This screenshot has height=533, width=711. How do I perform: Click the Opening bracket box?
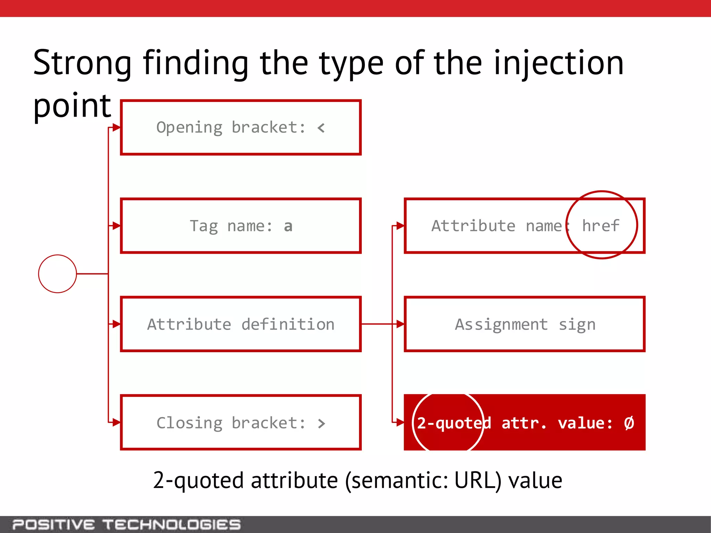click(241, 127)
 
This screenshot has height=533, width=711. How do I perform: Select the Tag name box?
click(241, 226)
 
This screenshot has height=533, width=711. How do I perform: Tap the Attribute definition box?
click(241, 324)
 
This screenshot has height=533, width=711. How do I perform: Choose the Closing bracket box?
click(241, 422)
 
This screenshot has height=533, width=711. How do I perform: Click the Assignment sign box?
click(525, 324)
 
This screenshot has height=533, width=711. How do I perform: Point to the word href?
click(601, 226)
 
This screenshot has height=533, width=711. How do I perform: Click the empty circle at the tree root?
click(57, 274)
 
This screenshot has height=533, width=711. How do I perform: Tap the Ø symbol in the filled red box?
click(629, 423)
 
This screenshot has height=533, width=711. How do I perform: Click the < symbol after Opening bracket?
click(321, 128)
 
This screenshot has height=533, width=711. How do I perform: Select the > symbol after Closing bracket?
click(321, 423)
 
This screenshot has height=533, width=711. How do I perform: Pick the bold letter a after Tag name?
click(288, 226)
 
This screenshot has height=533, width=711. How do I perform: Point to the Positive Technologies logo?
click(126, 524)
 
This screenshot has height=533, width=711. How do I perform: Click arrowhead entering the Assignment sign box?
click(400, 324)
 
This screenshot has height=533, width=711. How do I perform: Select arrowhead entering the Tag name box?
click(116, 226)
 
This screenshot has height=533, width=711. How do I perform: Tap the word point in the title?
click(72, 106)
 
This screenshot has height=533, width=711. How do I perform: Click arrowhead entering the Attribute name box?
click(400, 226)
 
